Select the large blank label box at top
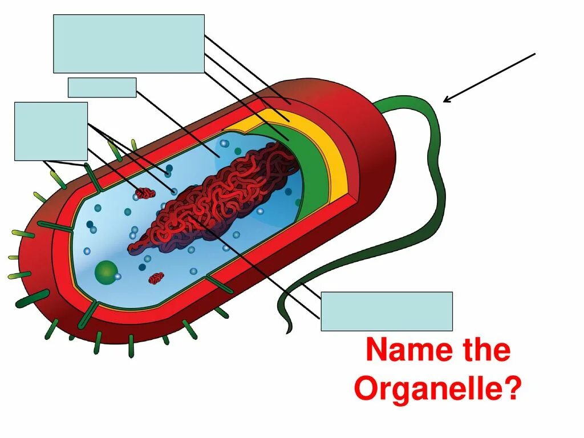pyautogui.click(x=129, y=44)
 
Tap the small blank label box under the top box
pyautogui.click(x=102, y=88)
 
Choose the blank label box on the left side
pyautogui.click(x=51, y=131)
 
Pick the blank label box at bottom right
pyautogui.click(x=387, y=311)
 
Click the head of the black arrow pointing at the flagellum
pyautogui.click(x=445, y=102)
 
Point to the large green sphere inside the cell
pyautogui.click(x=106, y=272)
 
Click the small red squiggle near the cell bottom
pyautogui.click(x=156, y=278)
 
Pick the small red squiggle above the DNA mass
pyautogui.click(x=145, y=193)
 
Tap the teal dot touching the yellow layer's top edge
pyautogui.click(x=237, y=151)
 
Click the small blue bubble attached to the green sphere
pyautogui.click(x=117, y=277)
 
